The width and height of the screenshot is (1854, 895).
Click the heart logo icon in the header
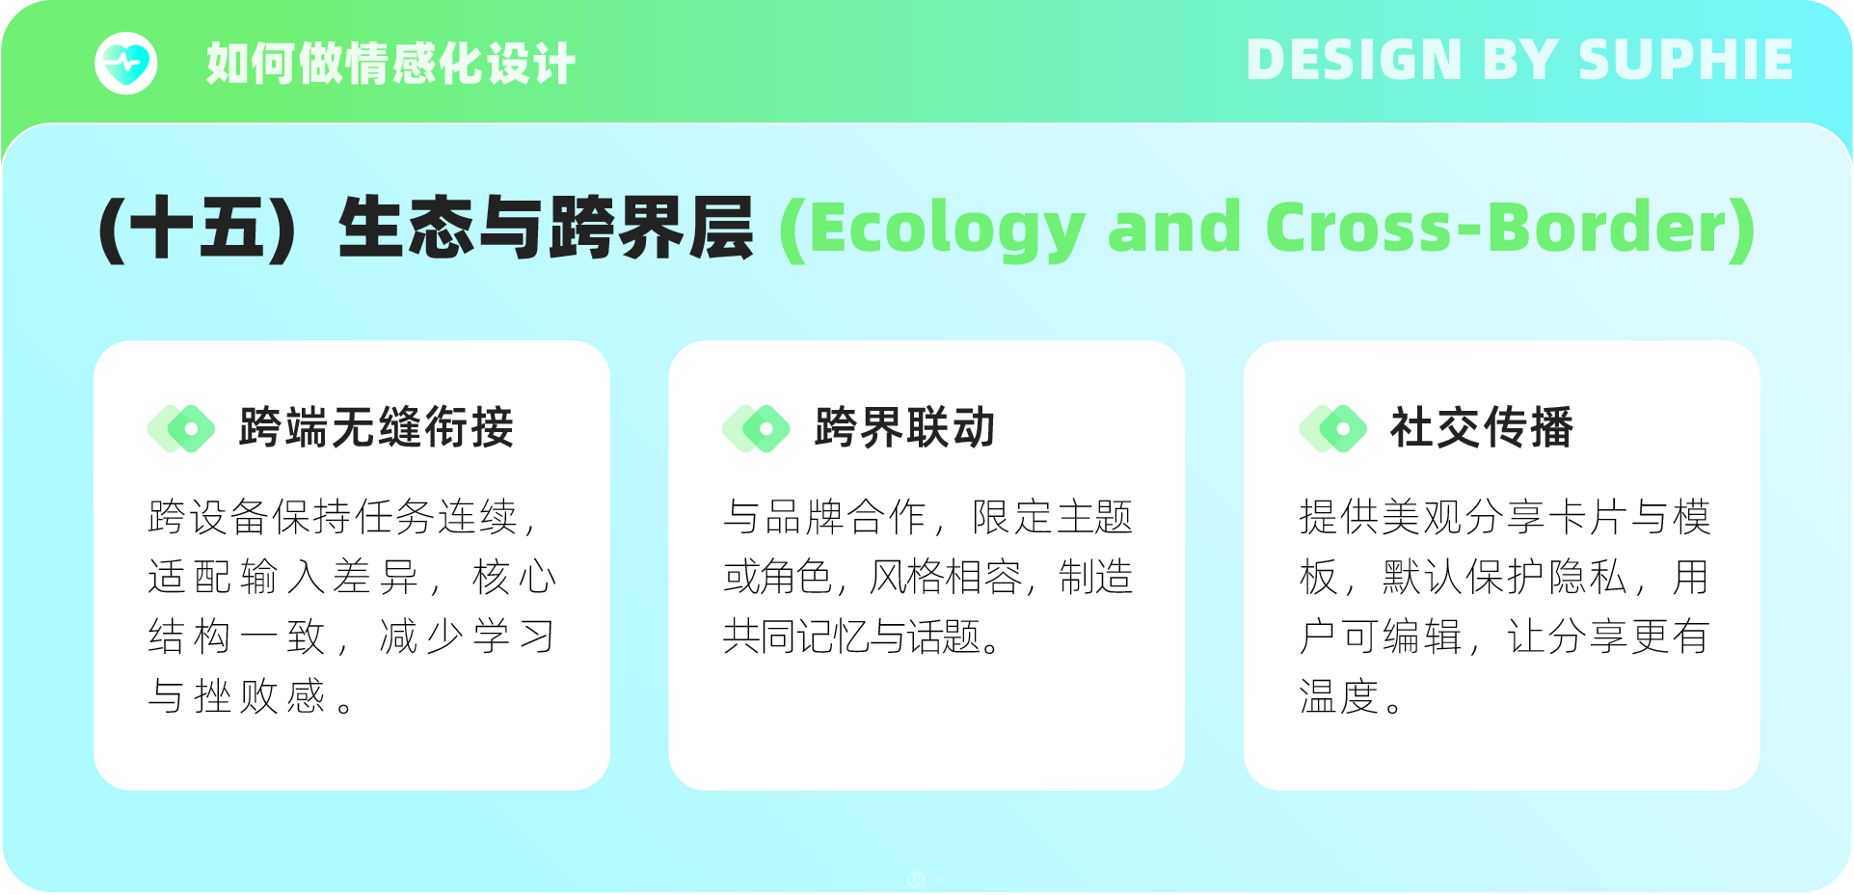126,64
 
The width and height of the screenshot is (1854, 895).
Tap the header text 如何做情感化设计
390,64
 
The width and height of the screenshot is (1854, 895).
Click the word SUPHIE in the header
1685,60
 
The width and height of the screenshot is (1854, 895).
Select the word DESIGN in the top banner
1355,60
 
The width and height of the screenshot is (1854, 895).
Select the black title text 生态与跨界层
546,229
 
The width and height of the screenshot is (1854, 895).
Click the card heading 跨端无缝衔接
377,427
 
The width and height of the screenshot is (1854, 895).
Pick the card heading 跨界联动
905,427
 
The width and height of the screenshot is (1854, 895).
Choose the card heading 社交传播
1482,427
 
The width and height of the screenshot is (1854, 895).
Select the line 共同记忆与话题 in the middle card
852,637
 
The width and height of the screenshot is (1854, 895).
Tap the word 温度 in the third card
1339,696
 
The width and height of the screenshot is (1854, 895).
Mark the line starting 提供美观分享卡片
1505,517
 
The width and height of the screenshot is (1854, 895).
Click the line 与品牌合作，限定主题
927,517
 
